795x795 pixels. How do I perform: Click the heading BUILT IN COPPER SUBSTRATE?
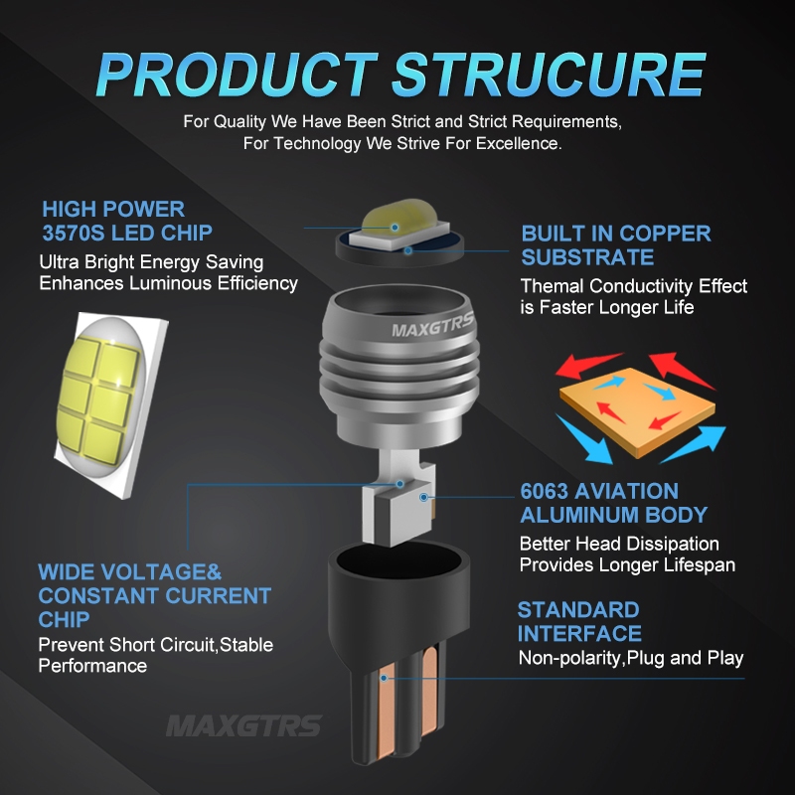tap(616, 245)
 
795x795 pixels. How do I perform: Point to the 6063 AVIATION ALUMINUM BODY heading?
tap(613, 503)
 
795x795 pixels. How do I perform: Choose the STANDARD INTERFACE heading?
tap(578, 621)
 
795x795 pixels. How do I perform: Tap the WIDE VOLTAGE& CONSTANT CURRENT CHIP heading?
tap(154, 595)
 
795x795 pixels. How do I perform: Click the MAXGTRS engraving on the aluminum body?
tap(432, 326)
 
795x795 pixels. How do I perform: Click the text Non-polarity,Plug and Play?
tap(630, 658)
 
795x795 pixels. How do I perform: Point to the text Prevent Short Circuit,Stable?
tap(155, 644)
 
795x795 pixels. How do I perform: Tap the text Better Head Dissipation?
tap(619, 544)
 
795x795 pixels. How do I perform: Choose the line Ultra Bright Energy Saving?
tap(151, 262)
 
